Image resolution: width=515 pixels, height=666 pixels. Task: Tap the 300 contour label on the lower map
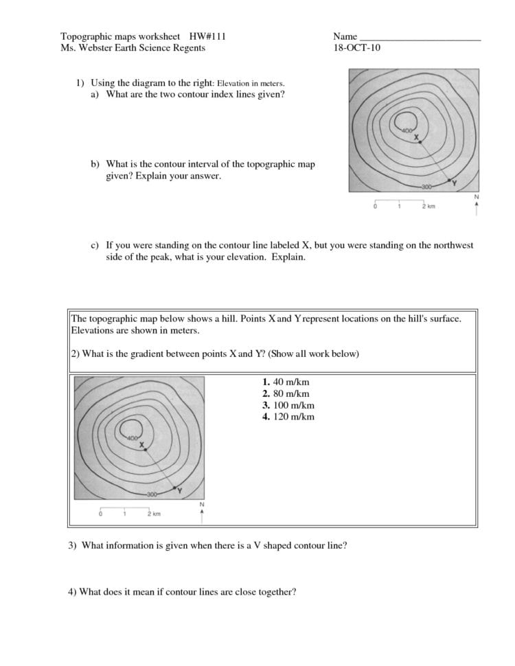click(152, 494)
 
